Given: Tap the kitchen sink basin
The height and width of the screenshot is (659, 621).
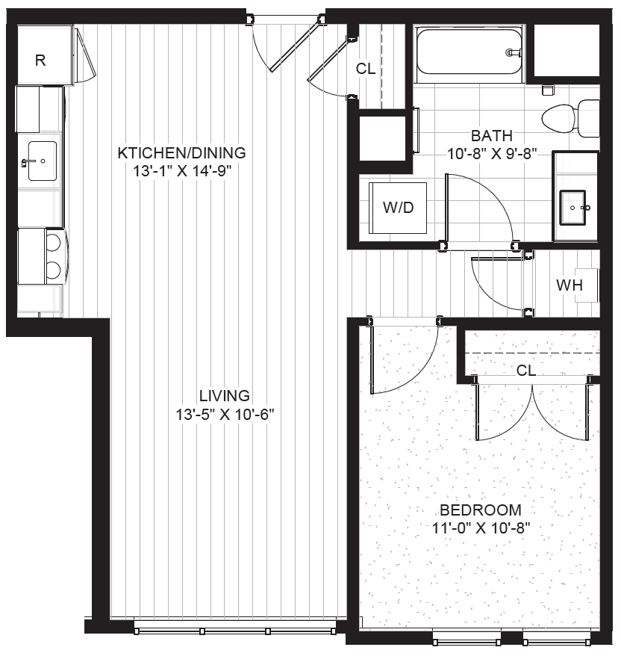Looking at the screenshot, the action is (x=43, y=161).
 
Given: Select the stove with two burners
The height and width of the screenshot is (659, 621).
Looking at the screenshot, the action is (x=41, y=256).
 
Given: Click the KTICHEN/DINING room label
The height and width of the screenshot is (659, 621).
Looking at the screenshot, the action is (x=182, y=152).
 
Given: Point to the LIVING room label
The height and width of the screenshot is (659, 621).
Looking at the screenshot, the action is (x=224, y=396).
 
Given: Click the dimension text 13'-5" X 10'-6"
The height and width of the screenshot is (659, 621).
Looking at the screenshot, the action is (x=225, y=415).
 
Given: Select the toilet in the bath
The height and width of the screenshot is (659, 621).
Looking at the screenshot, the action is (x=570, y=118).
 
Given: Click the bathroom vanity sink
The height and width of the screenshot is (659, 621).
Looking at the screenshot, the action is (x=572, y=208).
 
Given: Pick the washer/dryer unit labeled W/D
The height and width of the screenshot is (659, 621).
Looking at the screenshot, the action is (x=398, y=207).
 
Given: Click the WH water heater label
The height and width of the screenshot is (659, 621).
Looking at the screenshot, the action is (x=569, y=285).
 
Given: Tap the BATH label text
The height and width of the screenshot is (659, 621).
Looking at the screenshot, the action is (x=492, y=136).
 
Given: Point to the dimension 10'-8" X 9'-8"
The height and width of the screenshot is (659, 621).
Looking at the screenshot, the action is (x=492, y=154).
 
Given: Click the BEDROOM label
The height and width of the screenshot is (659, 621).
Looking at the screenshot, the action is (x=481, y=510).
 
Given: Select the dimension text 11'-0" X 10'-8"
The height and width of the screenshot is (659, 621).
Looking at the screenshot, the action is (x=481, y=527).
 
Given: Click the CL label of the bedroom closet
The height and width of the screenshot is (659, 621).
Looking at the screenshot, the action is (x=526, y=371).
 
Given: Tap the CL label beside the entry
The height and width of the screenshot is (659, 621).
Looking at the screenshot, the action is (x=365, y=69).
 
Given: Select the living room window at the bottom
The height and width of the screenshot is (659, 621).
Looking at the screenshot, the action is (x=235, y=631).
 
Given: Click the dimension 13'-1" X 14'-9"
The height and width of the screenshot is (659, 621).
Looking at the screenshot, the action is (x=182, y=171).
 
